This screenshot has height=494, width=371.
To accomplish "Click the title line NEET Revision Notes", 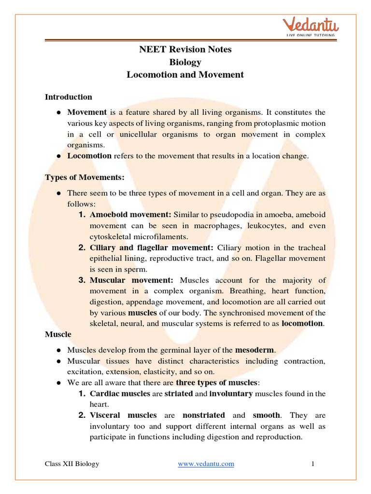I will pos(185,49).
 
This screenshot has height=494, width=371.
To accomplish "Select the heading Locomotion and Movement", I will pos(185,75).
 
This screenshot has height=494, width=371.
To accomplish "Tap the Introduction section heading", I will pos(68,97).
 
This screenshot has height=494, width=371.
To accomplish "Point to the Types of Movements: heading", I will pos(85,177).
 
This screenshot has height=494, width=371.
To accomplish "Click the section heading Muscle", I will pos(58,334).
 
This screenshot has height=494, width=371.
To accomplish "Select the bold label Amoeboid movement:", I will pos(130,214).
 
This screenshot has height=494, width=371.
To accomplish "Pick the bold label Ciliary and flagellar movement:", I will pos(151,247).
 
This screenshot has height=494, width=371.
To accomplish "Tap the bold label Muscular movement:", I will pos(131,280).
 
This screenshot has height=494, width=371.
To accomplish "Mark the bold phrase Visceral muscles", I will pos(123,415).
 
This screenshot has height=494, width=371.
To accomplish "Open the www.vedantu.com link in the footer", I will pos(206,464).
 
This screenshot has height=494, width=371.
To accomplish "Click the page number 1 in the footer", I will pos(313,464).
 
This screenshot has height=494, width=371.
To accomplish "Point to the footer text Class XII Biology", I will pos(72,464).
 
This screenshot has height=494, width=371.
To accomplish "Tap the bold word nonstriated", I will pos(203,415).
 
